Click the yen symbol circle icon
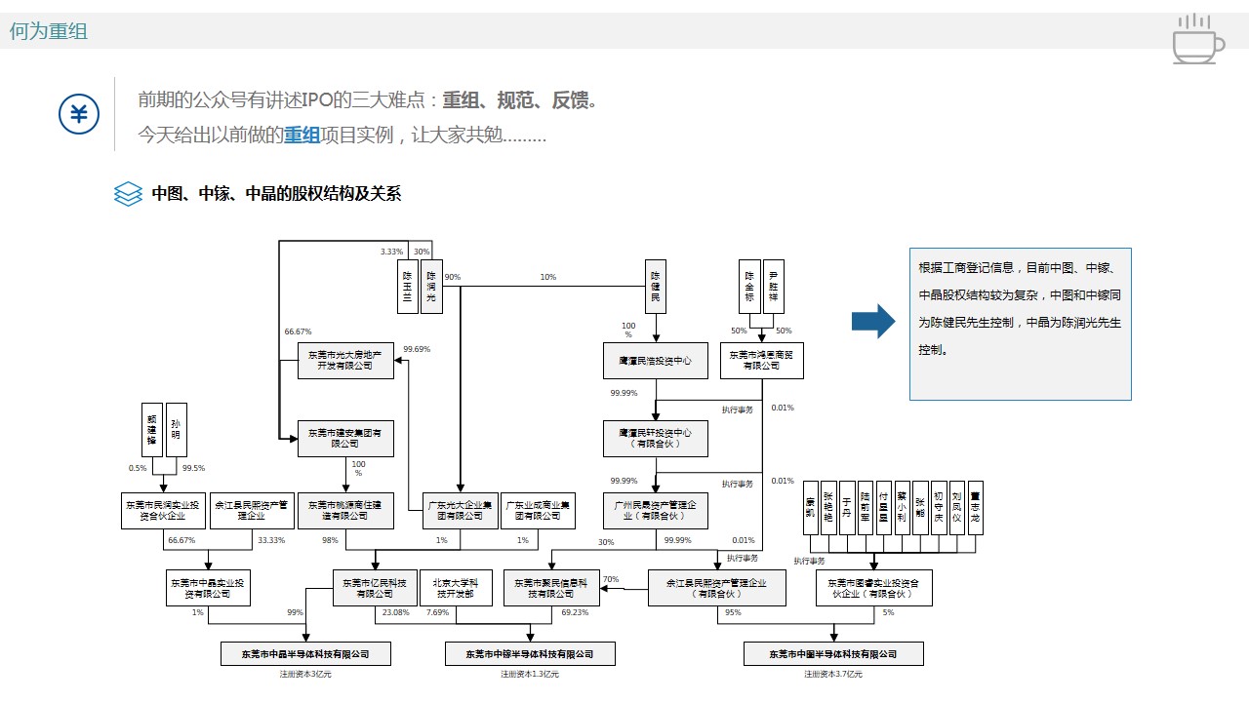click(x=79, y=115)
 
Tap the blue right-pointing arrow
click(x=873, y=321)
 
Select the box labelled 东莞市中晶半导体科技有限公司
click(x=306, y=653)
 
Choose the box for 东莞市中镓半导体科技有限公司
click(x=530, y=653)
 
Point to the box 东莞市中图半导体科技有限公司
click(x=833, y=653)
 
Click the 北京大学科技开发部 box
click(x=456, y=588)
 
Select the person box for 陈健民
click(x=656, y=286)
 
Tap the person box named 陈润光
click(x=430, y=286)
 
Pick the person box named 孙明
click(x=176, y=430)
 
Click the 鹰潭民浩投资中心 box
click(x=655, y=361)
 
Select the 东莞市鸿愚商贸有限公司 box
click(x=762, y=361)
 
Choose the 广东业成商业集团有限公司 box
click(x=538, y=510)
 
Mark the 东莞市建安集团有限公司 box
click(x=345, y=438)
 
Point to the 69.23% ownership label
click(x=575, y=613)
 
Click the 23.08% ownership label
click(x=395, y=613)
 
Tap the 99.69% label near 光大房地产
click(x=417, y=349)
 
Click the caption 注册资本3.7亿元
click(x=832, y=674)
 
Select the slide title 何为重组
click(x=49, y=31)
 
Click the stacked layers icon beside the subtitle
click(x=128, y=194)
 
